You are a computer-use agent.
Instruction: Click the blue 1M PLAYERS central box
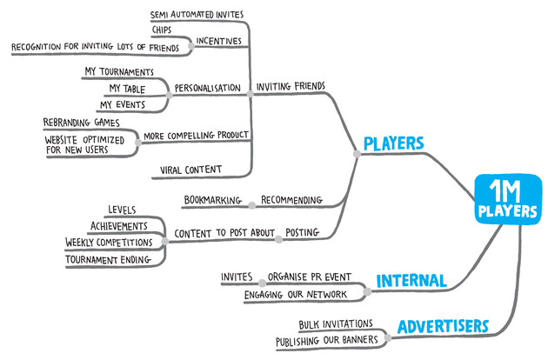click(x=508, y=199)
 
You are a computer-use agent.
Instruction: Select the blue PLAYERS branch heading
click(x=393, y=143)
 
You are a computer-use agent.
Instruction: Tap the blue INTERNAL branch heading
click(x=411, y=281)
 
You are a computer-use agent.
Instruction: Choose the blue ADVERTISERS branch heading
click(x=443, y=327)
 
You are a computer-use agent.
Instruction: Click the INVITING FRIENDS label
click(x=291, y=86)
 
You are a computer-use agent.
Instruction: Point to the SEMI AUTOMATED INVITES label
click(x=197, y=15)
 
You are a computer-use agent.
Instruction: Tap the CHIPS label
click(x=162, y=30)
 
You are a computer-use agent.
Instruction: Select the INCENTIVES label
click(x=219, y=41)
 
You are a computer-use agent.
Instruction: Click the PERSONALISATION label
click(x=208, y=88)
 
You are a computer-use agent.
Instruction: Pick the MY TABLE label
click(x=127, y=89)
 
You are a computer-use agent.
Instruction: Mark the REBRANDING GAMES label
click(x=82, y=123)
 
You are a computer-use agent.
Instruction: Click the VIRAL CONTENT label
click(x=190, y=170)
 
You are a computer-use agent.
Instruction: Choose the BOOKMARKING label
click(x=213, y=200)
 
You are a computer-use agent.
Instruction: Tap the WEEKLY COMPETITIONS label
click(x=109, y=243)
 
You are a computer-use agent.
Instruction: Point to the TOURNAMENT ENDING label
click(x=108, y=260)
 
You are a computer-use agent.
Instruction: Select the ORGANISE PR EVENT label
click(x=310, y=277)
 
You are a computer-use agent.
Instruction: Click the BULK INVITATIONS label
click(x=336, y=324)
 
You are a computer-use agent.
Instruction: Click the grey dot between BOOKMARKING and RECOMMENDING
click(x=252, y=205)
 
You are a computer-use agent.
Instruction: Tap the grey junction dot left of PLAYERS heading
click(x=357, y=154)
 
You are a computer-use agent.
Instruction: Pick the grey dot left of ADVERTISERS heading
click(x=388, y=337)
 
